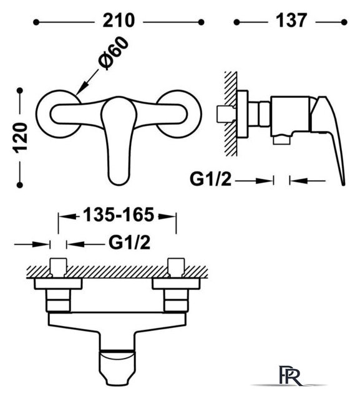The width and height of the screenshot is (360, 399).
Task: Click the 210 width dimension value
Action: click(119, 21)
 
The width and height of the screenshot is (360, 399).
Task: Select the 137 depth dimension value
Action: click(291, 21)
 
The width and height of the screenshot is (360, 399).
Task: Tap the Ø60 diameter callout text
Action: click(113, 53)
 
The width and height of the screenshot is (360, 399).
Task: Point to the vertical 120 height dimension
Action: click(21, 138)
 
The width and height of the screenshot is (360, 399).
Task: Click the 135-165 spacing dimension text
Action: click(119, 215)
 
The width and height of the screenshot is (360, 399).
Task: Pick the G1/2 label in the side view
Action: click(211, 180)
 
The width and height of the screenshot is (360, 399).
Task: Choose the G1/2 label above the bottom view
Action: click(130, 243)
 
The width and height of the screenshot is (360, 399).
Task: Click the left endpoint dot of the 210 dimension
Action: click(36, 22)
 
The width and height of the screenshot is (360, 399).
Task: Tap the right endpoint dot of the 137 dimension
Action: click(344, 22)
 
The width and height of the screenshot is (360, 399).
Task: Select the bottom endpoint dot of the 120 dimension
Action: click(20, 185)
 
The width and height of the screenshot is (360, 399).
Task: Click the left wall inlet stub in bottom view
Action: click(58, 267)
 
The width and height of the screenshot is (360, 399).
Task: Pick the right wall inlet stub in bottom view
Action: click(176, 267)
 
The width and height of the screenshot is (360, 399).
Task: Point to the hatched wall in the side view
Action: click(231, 113)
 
